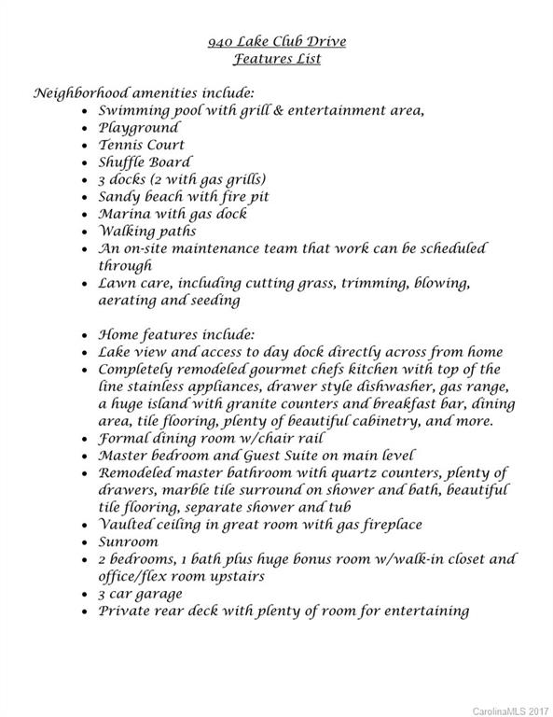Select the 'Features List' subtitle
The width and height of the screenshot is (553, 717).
pos(276,59)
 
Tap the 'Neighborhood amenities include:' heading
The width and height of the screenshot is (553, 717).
pos(144,93)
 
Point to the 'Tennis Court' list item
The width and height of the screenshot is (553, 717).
pos(141,145)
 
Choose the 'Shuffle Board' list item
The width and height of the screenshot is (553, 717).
pos(145,162)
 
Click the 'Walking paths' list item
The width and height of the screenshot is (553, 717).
pos(146,231)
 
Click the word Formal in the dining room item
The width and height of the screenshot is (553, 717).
pos(124,438)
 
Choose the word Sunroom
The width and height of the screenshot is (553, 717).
pos(130,541)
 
